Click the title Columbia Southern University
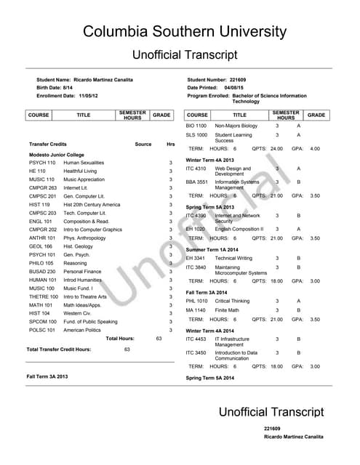click(184, 31)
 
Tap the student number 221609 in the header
click(239, 78)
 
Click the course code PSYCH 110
click(41, 163)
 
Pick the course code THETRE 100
click(44, 296)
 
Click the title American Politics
click(82, 330)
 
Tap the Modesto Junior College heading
click(56, 155)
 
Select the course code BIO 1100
click(196, 126)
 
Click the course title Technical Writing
click(233, 258)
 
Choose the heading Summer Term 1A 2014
click(216, 250)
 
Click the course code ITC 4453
click(196, 339)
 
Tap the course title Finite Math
click(230, 310)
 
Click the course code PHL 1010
click(196, 301)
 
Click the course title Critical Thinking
click(233, 301)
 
